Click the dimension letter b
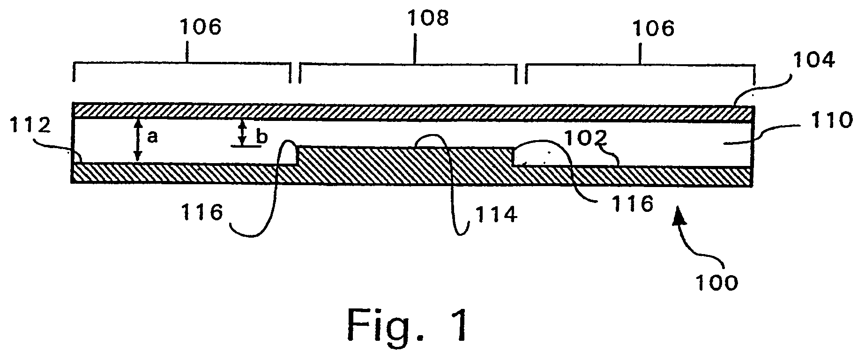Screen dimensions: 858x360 pyautogui.click(x=262, y=136)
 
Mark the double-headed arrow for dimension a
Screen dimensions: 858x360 pyautogui.click(x=137, y=140)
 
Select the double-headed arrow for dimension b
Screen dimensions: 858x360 pyautogui.click(x=242, y=132)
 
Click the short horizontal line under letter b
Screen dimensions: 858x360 pyautogui.click(x=246, y=146)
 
